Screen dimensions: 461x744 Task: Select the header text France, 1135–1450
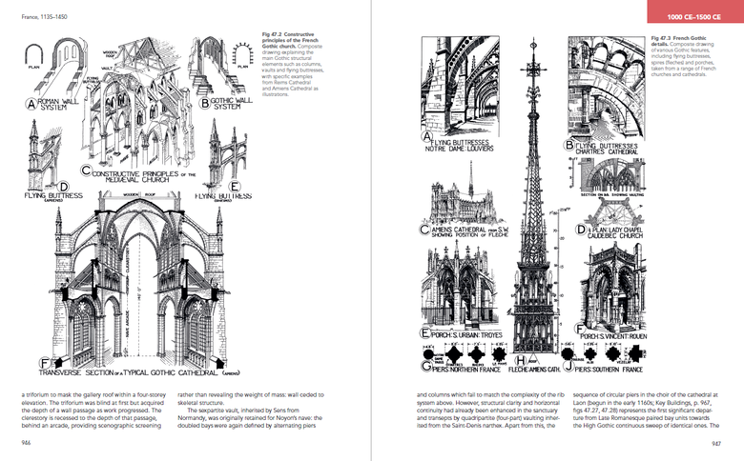point(31,8)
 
